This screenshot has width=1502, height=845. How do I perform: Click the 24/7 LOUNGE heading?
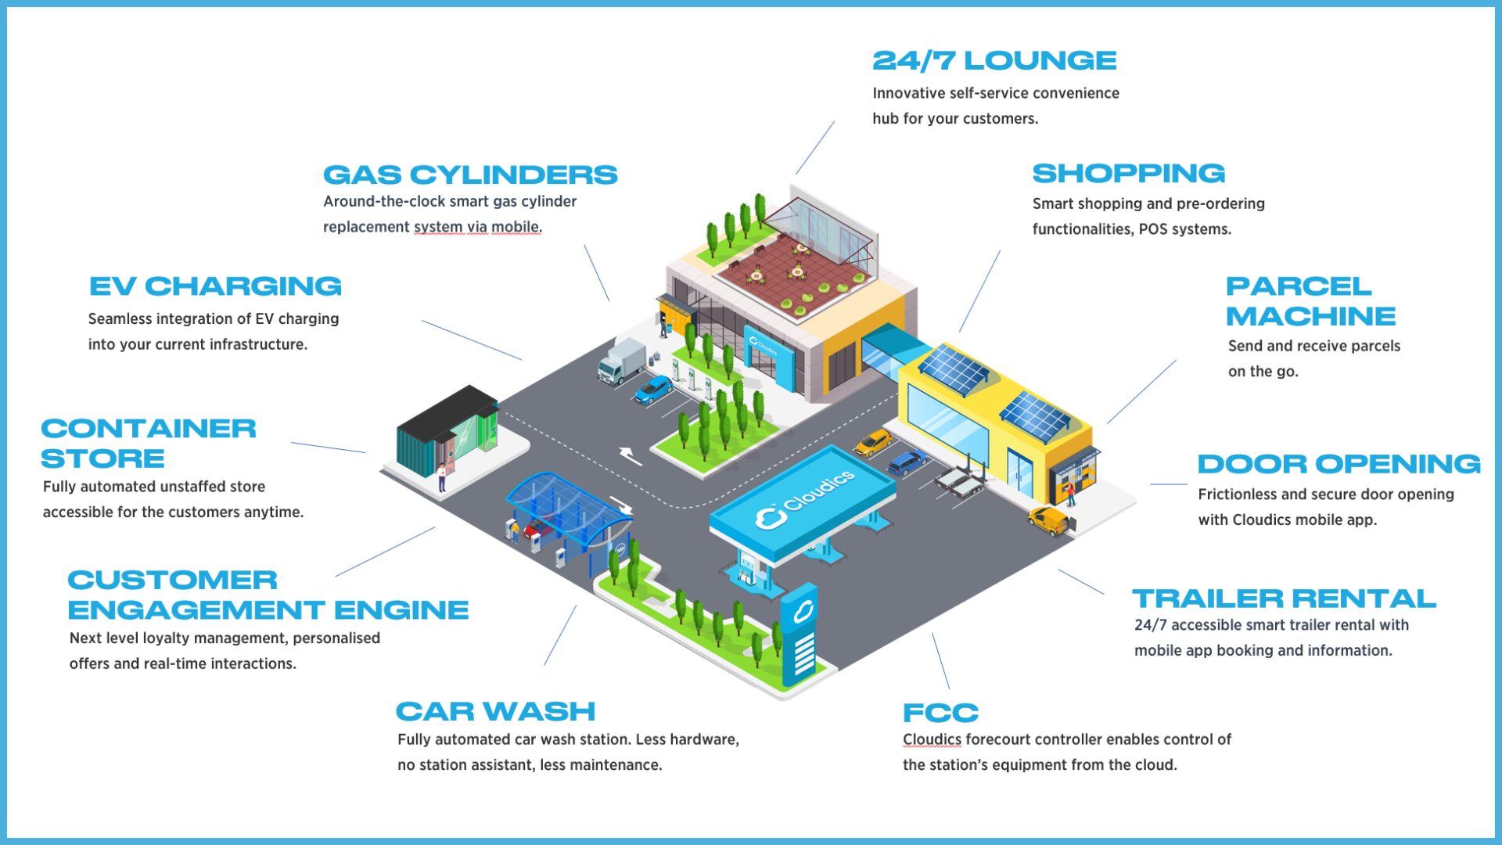[994, 60]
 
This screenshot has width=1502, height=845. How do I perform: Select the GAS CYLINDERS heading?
[470, 174]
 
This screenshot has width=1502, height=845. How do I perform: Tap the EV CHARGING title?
[215, 286]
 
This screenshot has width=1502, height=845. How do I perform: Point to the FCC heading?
[940, 713]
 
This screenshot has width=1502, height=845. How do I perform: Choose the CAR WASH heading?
[495, 711]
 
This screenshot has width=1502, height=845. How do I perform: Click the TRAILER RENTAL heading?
[1284, 599]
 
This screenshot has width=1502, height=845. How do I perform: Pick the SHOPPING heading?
[1128, 173]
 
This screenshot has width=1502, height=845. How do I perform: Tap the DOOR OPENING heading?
[1339, 464]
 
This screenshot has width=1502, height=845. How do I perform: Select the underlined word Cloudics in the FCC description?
[932, 739]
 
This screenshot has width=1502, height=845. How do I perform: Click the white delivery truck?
[621, 361]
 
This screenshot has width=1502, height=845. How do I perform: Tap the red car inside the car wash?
[538, 529]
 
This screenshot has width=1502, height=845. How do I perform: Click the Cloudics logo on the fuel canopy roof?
[806, 501]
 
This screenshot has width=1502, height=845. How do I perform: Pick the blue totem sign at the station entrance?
[800, 634]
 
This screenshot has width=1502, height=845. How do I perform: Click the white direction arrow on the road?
[631, 455]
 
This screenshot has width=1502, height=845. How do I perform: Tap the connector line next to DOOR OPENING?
[1169, 484]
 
